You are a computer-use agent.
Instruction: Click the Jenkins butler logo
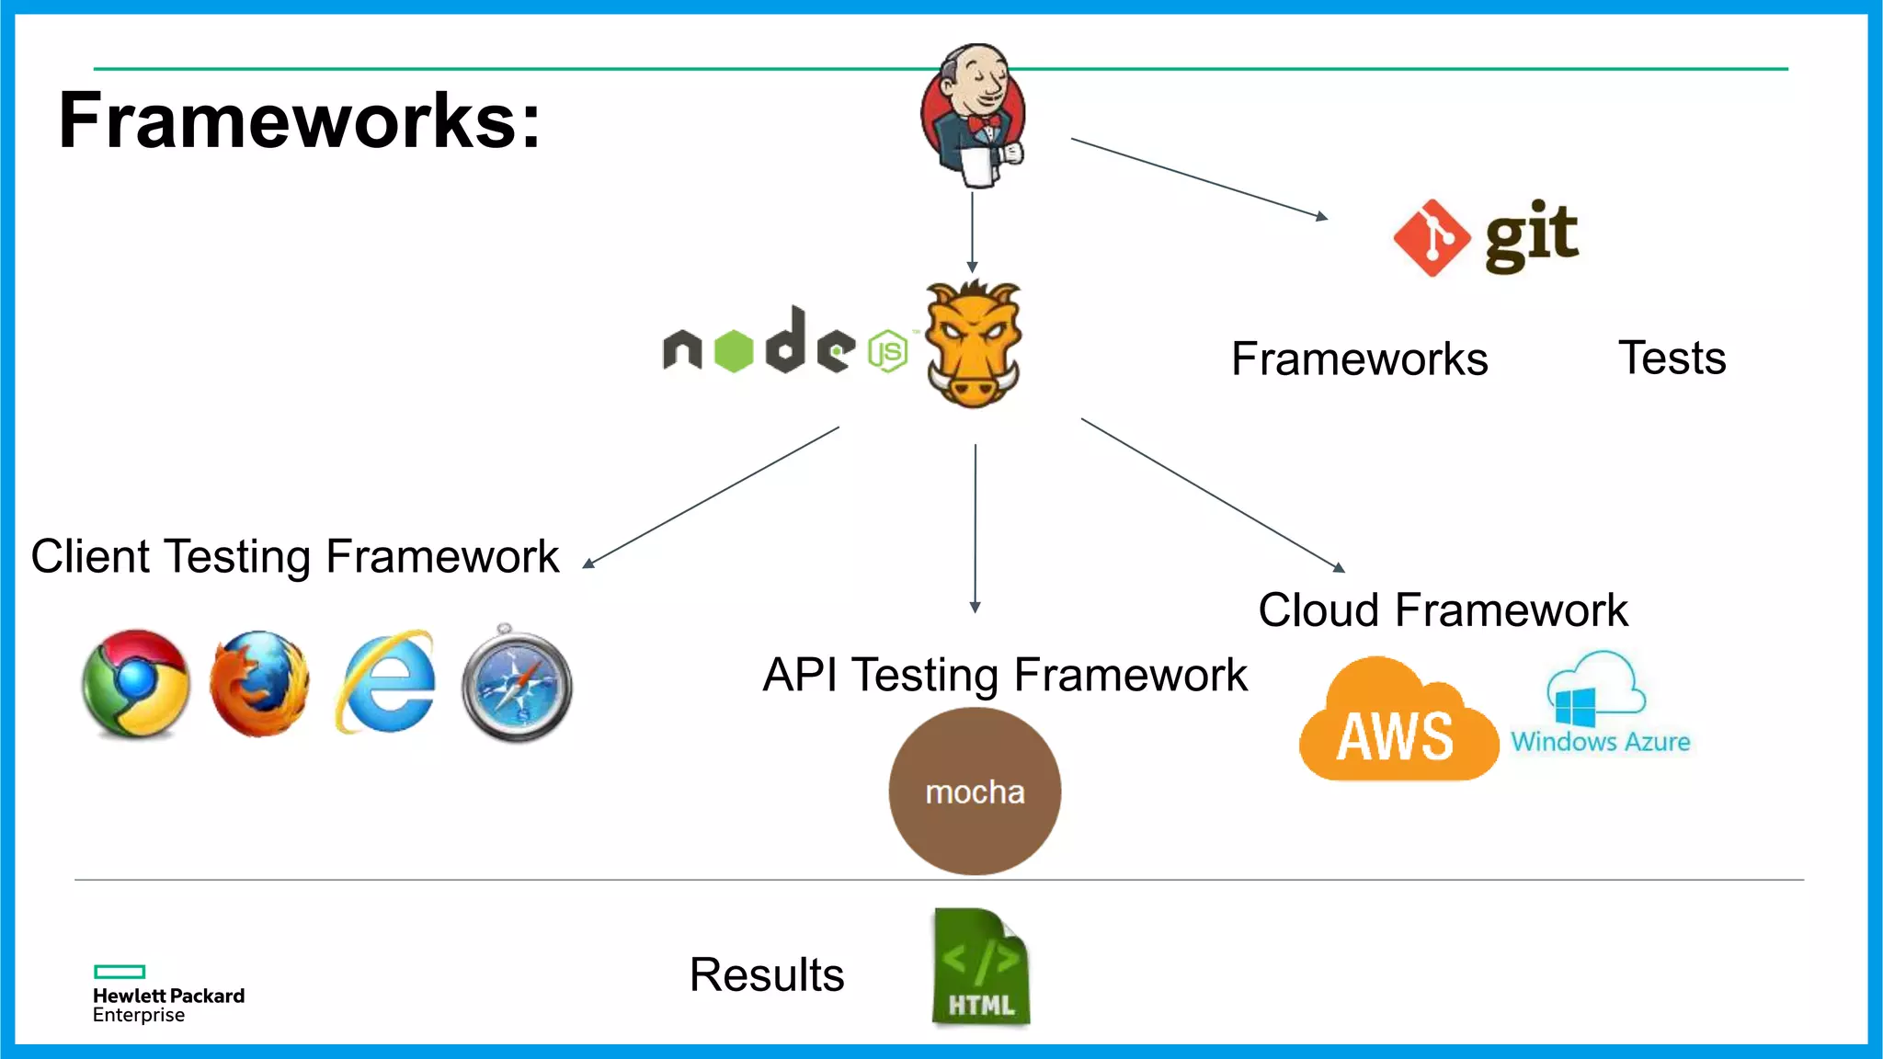tap(975, 115)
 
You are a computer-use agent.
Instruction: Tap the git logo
tap(1486, 237)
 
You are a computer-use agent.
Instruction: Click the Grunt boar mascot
tap(973, 345)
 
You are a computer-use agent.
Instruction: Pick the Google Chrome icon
tap(136, 684)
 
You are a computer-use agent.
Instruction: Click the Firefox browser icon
tap(259, 684)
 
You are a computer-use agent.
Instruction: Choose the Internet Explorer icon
tap(386, 682)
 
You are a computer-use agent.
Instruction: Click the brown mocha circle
tap(975, 791)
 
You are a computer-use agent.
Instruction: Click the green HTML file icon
tap(981, 967)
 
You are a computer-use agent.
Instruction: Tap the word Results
tap(766, 974)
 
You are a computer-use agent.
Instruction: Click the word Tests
tap(1672, 358)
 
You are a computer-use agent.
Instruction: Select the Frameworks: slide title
tap(300, 120)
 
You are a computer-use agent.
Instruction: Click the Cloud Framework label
tap(1443, 610)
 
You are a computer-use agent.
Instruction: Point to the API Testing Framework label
tap(1005, 676)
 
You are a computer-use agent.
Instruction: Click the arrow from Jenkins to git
tap(1199, 178)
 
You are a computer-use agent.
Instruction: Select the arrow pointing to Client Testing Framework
tap(713, 496)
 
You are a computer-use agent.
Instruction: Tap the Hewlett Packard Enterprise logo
tap(167, 995)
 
